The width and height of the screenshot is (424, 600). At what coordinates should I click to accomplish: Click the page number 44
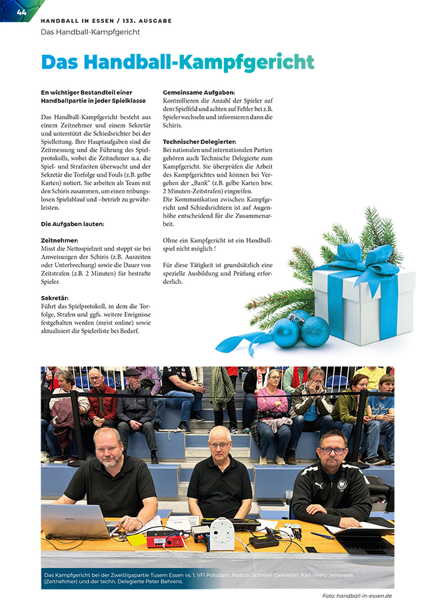coord(21,11)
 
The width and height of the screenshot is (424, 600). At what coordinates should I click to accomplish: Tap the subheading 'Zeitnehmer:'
coord(59,240)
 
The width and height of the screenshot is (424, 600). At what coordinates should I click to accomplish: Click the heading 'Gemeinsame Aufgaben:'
coord(199,93)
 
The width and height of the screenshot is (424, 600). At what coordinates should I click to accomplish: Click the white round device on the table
coord(222,533)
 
